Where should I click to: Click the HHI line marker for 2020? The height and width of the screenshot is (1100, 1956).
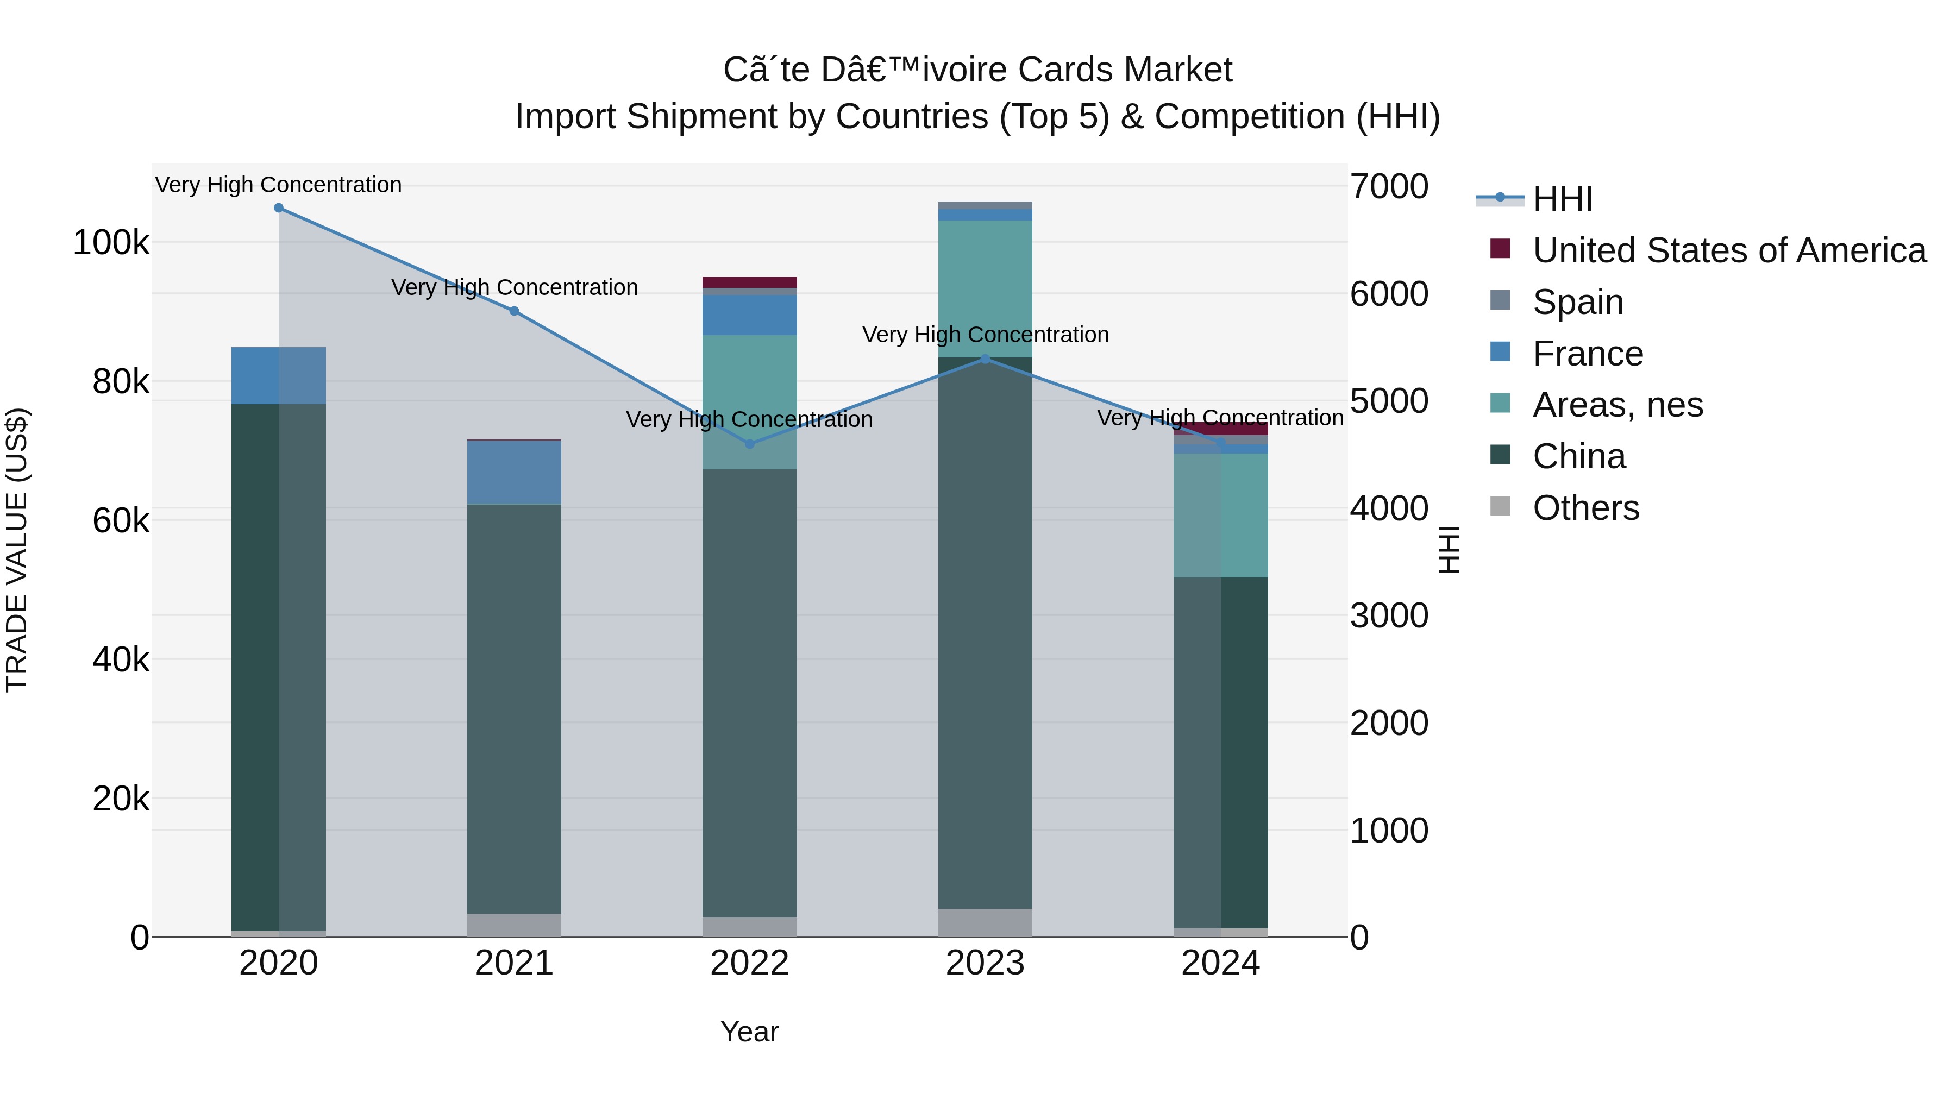coord(279,208)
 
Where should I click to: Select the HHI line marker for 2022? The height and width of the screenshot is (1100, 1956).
coord(749,444)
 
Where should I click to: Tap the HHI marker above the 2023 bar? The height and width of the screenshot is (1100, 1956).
coord(986,359)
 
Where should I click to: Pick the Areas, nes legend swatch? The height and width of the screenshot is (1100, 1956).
coord(1500,403)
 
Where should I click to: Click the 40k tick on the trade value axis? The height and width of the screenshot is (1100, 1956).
coord(121,659)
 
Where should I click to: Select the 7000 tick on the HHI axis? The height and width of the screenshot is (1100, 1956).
coord(1389,187)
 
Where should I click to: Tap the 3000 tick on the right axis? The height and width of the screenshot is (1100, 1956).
coord(1389,615)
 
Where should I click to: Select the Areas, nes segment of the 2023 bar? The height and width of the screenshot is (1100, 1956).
coord(985,288)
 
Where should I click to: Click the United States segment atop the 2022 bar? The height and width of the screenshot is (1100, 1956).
coord(749,282)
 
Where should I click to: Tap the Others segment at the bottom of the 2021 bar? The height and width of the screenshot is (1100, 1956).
coord(514,925)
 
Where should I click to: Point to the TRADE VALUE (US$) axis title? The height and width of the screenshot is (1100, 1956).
coord(17,550)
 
